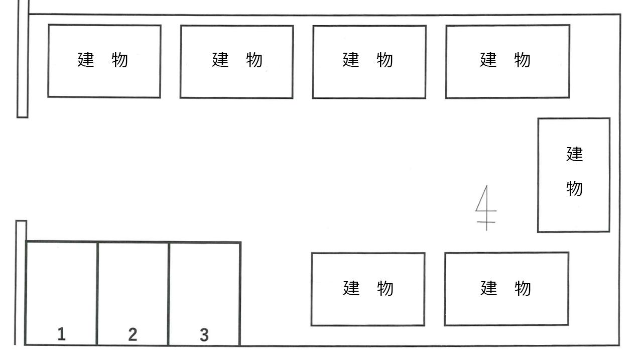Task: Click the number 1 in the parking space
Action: click(x=61, y=334)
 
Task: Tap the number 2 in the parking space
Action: click(x=133, y=334)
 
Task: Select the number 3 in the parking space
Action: click(x=204, y=335)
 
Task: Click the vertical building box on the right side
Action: click(x=574, y=175)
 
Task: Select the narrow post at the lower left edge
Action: click(x=21, y=281)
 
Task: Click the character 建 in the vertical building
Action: click(x=574, y=154)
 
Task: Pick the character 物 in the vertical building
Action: click(x=574, y=189)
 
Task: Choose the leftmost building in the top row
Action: click(x=104, y=61)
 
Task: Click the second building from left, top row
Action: click(x=236, y=61)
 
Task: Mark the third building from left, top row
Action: click(x=369, y=62)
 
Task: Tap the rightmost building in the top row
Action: click(x=507, y=61)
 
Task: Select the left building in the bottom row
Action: click(x=368, y=289)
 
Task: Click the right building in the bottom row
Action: click(x=506, y=289)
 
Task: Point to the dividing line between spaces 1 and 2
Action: click(x=97, y=294)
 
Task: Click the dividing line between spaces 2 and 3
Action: click(x=168, y=294)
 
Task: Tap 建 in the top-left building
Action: click(x=86, y=60)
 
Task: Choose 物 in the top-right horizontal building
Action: click(x=523, y=60)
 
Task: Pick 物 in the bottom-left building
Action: click(x=386, y=289)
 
